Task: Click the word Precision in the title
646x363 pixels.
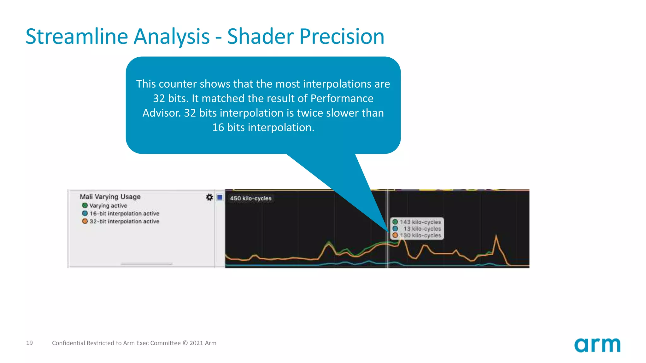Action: (x=342, y=37)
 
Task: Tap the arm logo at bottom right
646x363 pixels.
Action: (x=597, y=345)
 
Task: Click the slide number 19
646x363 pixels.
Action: (x=29, y=343)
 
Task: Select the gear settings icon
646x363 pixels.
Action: (x=209, y=197)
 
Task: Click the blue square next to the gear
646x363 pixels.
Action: (x=220, y=197)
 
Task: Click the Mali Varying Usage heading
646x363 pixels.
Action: (x=110, y=197)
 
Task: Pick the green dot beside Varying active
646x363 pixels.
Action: (x=85, y=205)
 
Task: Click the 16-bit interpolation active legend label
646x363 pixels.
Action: (x=124, y=213)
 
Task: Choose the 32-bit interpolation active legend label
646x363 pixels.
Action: (x=124, y=221)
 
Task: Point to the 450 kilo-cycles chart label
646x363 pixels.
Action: (x=250, y=198)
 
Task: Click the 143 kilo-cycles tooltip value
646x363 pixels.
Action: (x=420, y=222)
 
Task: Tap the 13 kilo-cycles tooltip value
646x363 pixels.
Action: (x=422, y=228)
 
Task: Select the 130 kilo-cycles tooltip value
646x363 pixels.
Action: (x=420, y=235)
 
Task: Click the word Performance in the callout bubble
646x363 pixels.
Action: (x=342, y=98)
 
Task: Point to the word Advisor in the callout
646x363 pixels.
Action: (x=161, y=113)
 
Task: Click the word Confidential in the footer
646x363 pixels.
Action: (x=68, y=343)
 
